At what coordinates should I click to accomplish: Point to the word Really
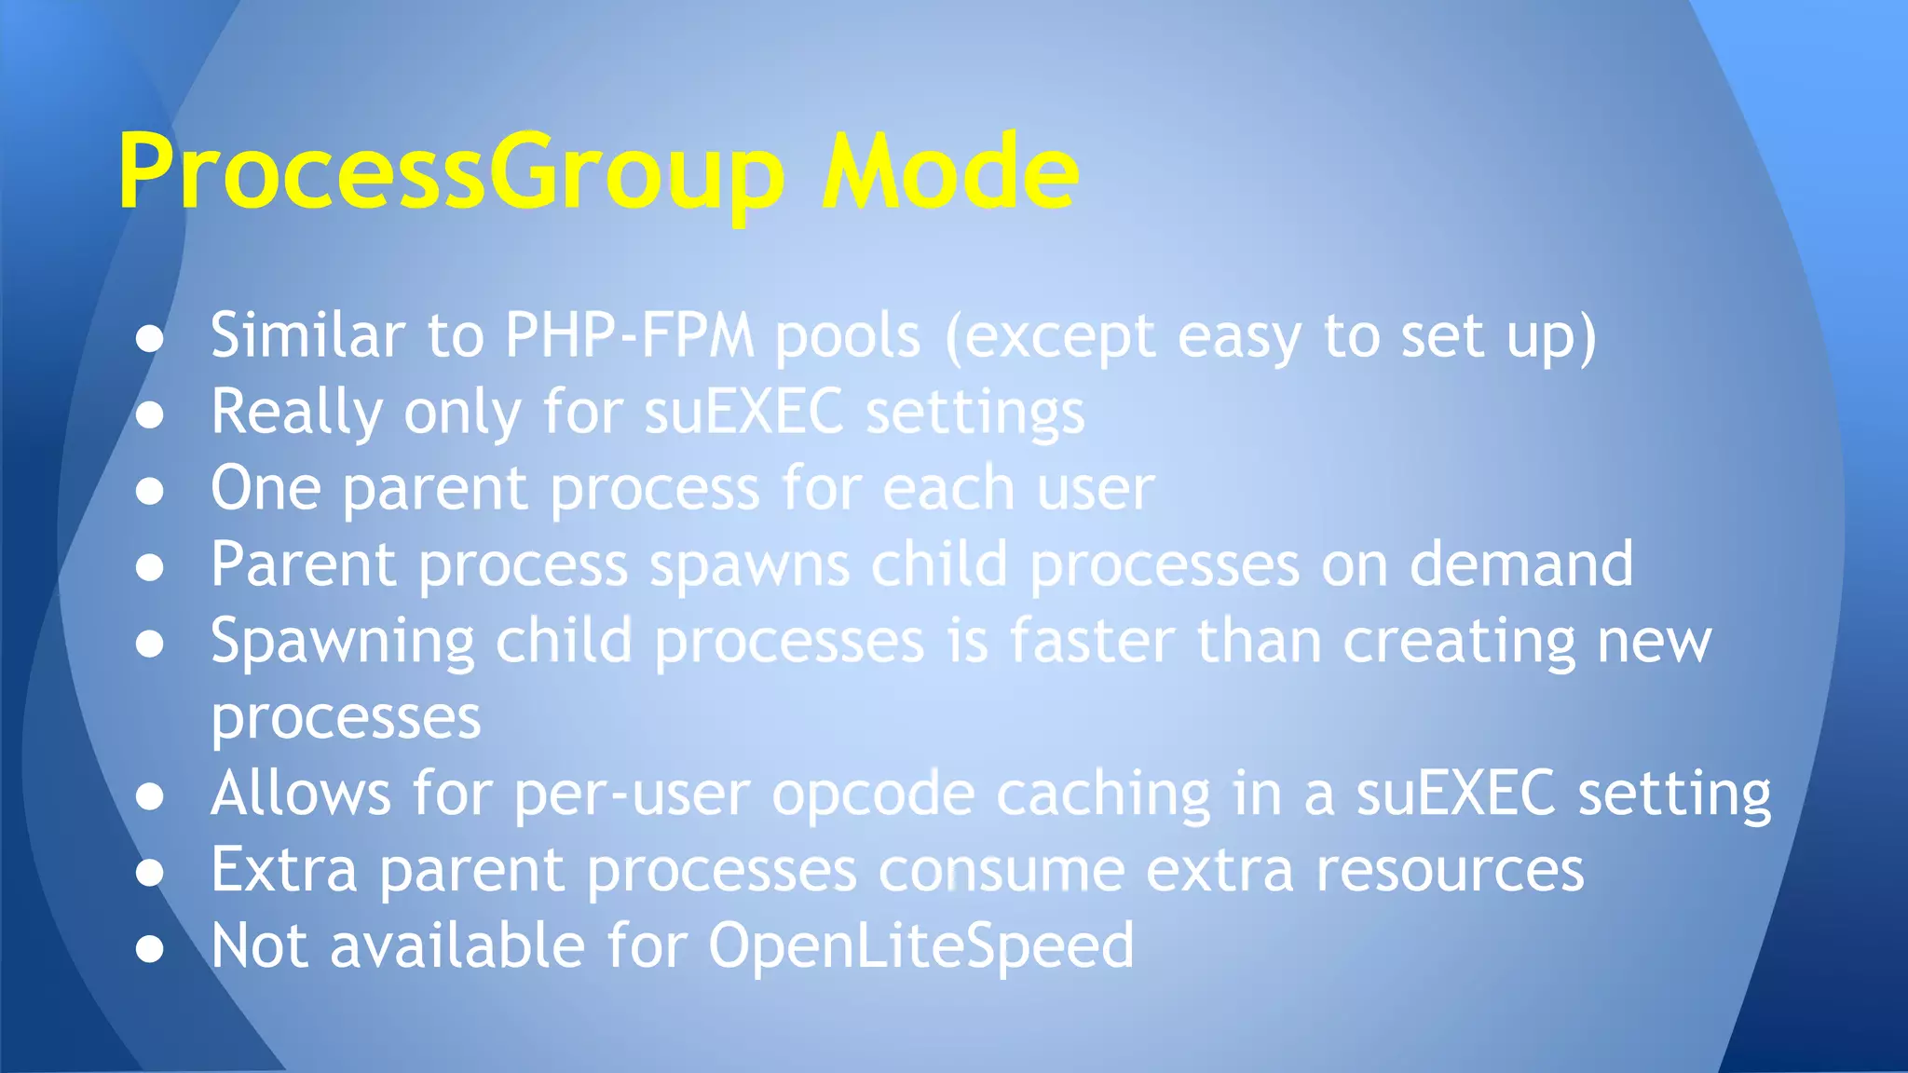click(x=296, y=412)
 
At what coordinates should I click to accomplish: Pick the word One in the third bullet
click(x=266, y=488)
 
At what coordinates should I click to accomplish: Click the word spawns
click(x=749, y=565)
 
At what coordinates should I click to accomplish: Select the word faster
click(x=1092, y=642)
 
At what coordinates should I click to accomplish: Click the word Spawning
click(x=342, y=644)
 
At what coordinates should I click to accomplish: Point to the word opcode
click(x=873, y=795)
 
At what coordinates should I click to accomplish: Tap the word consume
click(x=1001, y=871)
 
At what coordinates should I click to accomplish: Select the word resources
click(x=1449, y=871)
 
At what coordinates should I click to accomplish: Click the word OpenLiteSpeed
click(x=920, y=947)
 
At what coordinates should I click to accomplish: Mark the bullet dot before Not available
click(x=149, y=948)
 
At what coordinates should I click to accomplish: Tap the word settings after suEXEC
click(x=975, y=414)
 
